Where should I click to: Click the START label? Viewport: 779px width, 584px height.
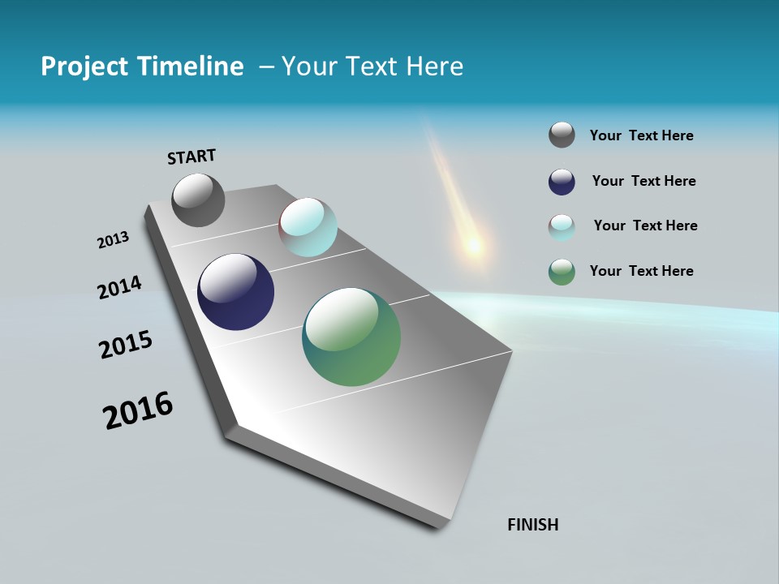192,157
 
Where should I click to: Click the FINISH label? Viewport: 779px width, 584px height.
532,525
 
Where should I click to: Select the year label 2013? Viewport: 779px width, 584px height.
113,240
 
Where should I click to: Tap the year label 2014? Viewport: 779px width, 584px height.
119,287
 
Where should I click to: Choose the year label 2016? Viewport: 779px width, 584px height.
138,410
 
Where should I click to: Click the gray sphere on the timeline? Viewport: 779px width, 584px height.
198,200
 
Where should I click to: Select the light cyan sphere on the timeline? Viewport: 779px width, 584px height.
308,227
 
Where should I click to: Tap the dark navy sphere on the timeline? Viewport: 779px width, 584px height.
235,292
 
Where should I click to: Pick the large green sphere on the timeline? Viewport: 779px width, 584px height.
351,337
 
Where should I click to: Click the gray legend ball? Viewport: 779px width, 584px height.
562,135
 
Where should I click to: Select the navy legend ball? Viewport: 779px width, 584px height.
562,182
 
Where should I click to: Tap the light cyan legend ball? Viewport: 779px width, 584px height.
562,227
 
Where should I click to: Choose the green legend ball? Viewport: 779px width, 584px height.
562,272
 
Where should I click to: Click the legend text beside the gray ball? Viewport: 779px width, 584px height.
641,135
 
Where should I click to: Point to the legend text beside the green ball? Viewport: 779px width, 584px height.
641,271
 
